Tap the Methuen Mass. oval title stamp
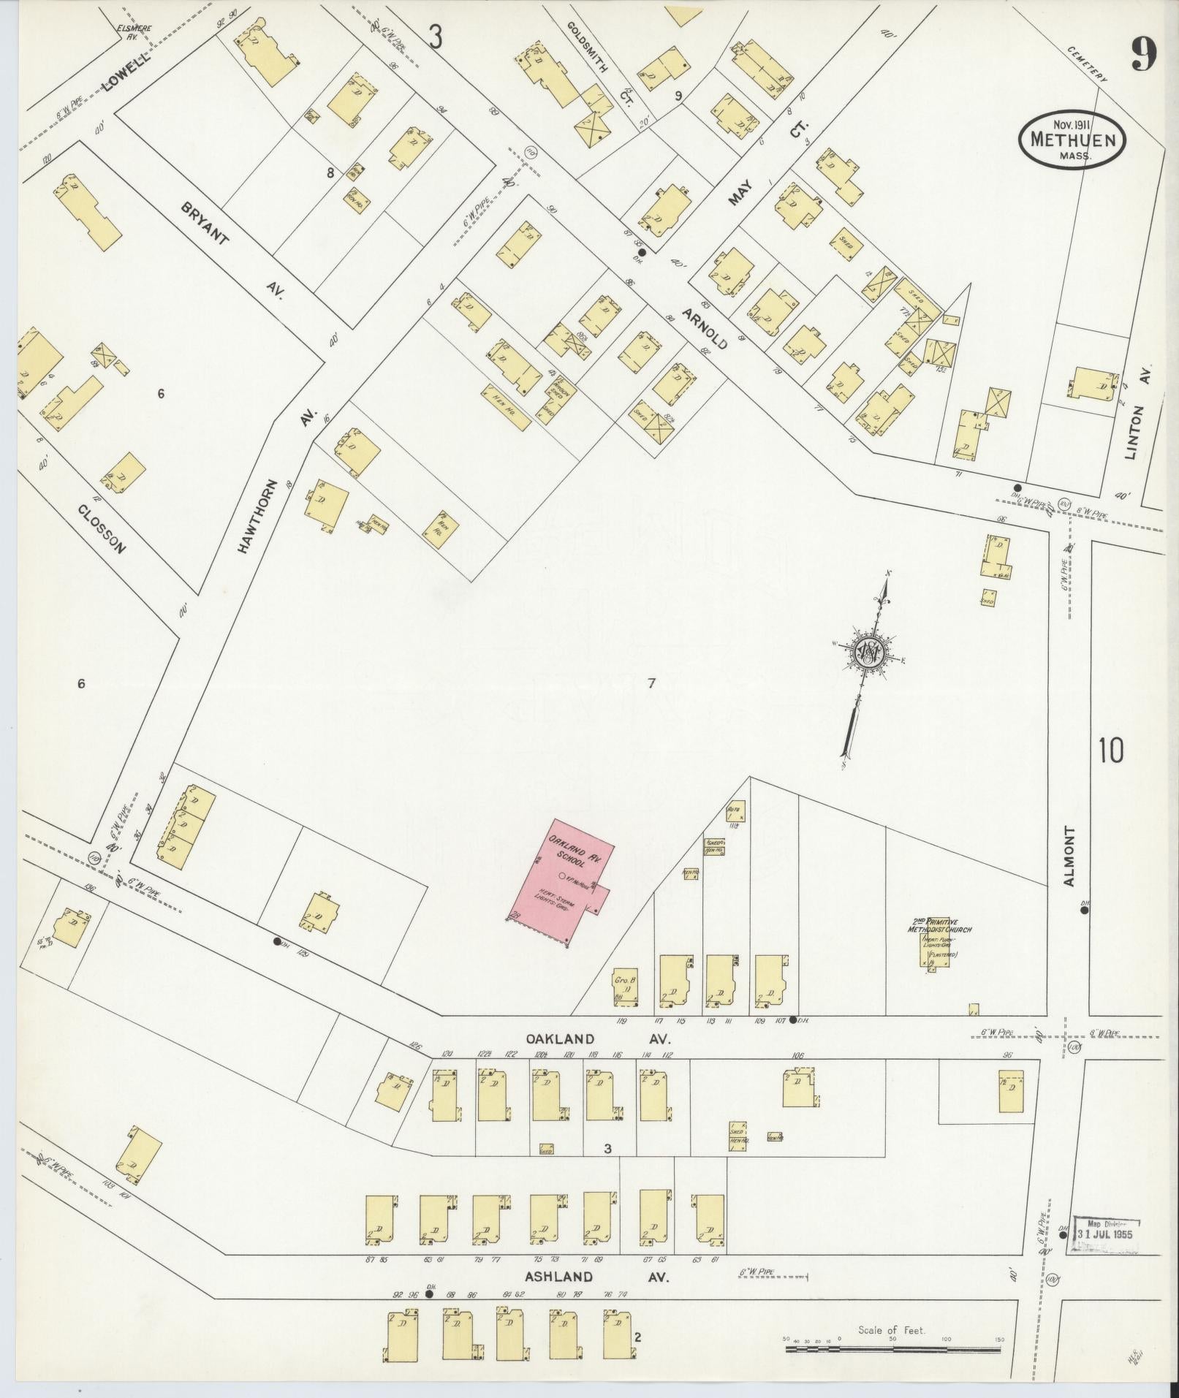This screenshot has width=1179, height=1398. (x=1072, y=139)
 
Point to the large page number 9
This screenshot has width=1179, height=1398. (x=1144, y=55)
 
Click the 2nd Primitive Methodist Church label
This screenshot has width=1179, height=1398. (x=938, y=926)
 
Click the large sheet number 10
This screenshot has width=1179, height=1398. (x=1110, y=751)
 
